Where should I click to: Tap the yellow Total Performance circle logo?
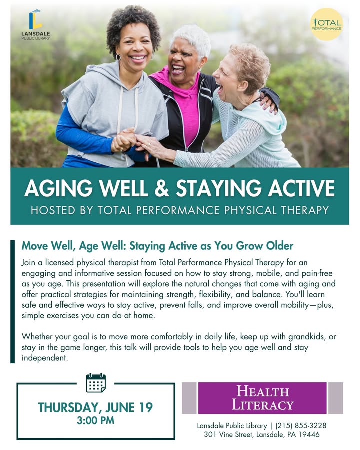coord(326,24)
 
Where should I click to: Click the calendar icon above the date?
coord(96,383)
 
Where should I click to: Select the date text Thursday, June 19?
coord(95,407)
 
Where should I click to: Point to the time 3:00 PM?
coord(95,420)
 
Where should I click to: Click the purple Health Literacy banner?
coord(262,398)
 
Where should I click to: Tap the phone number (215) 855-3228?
coord(301,426)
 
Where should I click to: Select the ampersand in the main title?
coord(162,188)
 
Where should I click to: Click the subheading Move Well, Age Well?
coord(74,246)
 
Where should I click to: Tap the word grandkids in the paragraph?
coord(307,336)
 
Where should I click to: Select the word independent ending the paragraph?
coord(45,358)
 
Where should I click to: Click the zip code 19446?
coord(309,435)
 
